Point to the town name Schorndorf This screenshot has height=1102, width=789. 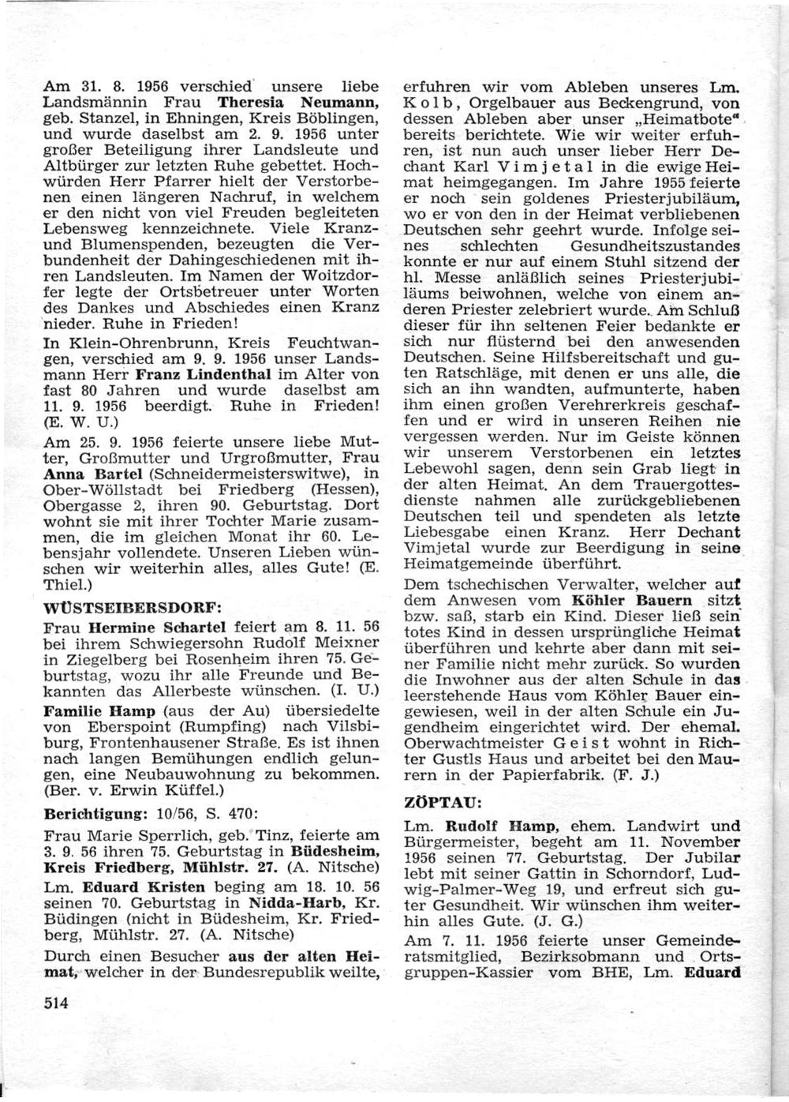600,875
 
